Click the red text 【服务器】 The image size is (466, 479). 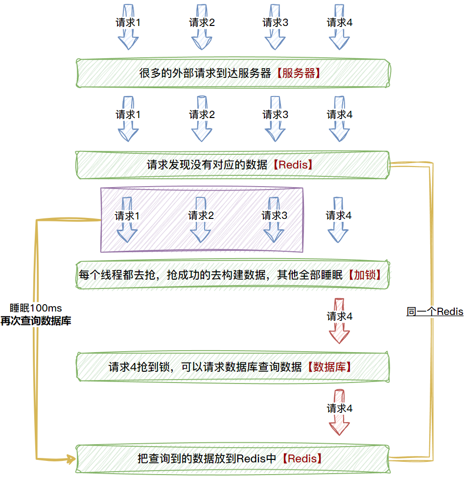(298, 73)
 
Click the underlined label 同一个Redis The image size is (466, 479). (435, 311)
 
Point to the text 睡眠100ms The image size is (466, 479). (36, 309)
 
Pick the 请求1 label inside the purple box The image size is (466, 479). (127, 216)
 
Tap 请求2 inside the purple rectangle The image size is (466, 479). (201, 216)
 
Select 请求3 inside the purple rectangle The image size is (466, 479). (274, 216)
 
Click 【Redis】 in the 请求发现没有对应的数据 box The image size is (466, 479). (293, 165)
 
